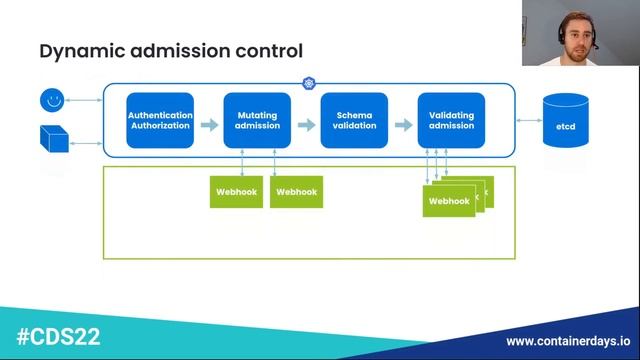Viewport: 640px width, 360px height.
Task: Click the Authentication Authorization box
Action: coord(160,121)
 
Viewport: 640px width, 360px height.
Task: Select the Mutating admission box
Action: coord(257,121)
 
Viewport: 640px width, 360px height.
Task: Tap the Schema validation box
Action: coord(354,121)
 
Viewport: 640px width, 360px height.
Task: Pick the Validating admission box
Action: coord(451,121)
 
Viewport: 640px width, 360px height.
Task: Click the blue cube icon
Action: coord(53,139)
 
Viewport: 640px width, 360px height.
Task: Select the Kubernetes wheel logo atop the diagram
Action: coord(308,83)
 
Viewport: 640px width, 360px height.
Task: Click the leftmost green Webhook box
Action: coord(237,191)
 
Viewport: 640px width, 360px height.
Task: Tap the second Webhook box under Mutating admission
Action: coord(297,191)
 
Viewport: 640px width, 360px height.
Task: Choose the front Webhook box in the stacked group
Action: coord(449,201)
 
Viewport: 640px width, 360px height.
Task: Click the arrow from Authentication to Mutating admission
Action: coord(209,125)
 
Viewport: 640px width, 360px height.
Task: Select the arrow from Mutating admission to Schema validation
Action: coord(306,125)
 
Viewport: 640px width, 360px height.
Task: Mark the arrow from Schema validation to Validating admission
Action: coord(403,125)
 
